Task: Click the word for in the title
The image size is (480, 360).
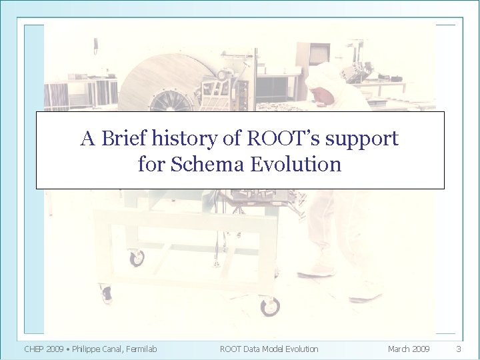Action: (x=151, y=163)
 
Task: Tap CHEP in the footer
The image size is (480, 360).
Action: (x=35, y=349)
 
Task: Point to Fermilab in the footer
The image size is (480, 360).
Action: (x=143, y=349)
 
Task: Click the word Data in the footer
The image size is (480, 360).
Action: (x=255, y=349)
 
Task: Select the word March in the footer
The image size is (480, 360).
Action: (x=399, y=349)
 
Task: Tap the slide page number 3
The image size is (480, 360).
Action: (x=458, y=349)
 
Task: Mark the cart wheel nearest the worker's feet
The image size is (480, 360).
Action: (x=270, y=307)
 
